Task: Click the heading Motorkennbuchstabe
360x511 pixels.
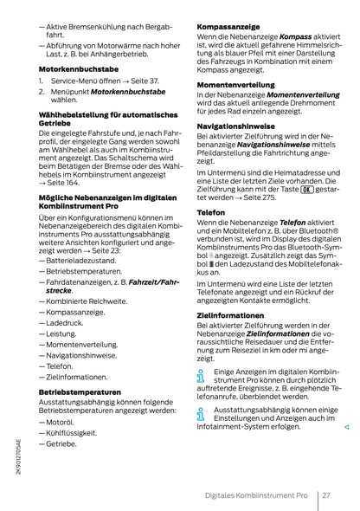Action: [78, 68]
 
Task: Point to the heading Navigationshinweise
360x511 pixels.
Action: [239, 126]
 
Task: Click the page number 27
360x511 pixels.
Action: [326, 495]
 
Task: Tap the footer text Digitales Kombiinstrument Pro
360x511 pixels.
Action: [250, 495]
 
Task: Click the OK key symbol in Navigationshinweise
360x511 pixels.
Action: [306, 187]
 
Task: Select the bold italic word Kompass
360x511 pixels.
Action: [299, 38]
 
